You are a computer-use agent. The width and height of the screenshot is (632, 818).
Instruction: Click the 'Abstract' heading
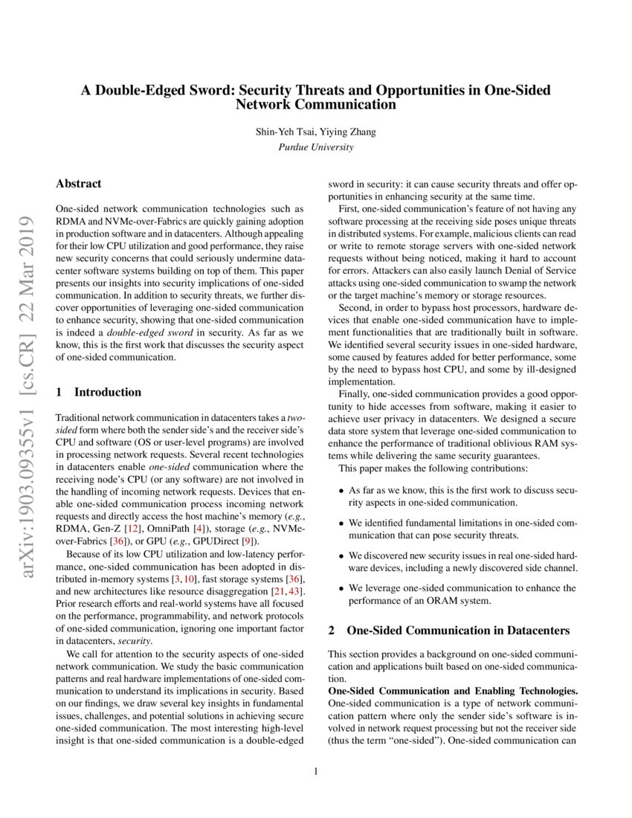point(79,184)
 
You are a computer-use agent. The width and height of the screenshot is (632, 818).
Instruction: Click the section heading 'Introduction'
point(108,392)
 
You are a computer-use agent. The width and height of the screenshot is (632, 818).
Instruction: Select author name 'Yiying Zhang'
point(349,132)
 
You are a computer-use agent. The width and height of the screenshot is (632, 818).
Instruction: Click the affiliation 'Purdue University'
point(315,147)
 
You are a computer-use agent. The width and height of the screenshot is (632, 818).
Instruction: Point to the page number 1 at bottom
point(316,771)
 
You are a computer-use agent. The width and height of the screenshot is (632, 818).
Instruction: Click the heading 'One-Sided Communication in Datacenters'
point(458,631)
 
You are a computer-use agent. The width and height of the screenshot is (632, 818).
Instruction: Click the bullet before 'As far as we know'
point(341,491)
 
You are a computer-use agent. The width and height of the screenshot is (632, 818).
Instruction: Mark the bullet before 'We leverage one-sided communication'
point(341,588)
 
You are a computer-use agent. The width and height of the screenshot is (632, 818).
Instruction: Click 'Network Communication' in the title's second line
point(315,105)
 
